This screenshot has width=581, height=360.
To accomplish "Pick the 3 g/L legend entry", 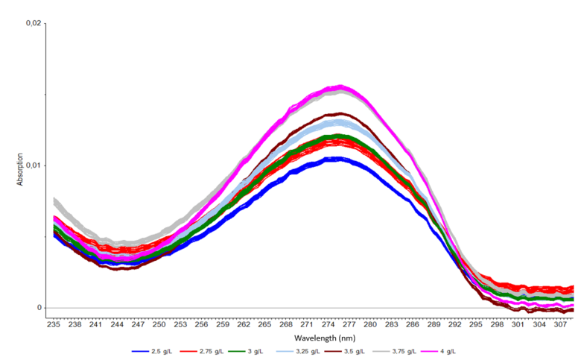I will coord(260,350).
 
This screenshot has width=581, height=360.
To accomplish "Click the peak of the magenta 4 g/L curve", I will coord(340,87).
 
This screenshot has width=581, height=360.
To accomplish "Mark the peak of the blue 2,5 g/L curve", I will coord(337,158).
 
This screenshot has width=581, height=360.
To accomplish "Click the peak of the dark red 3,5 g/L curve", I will coord(340,114).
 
